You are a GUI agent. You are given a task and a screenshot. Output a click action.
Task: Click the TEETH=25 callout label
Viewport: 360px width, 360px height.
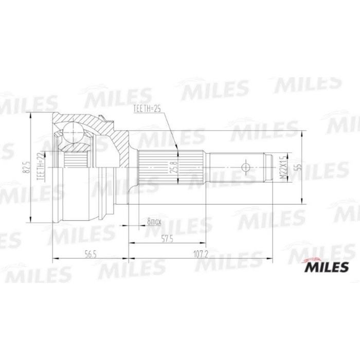click(148, 109)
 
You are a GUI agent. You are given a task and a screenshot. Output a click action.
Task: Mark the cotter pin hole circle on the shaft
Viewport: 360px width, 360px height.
click(246, 167)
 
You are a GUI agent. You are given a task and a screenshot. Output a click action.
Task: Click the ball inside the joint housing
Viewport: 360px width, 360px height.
click(75, 132)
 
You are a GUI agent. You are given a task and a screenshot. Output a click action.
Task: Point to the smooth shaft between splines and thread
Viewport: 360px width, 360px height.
click(226, 167)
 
